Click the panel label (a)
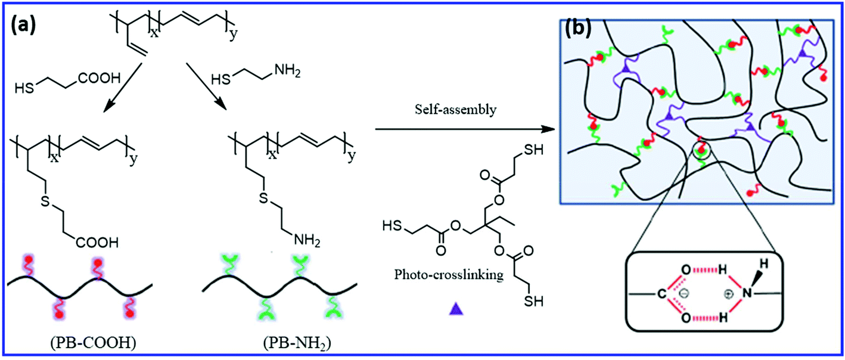pos(23,26)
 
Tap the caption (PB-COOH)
pos(93,343)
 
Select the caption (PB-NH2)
pos(297,343)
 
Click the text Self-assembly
pos(456,110)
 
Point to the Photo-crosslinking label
pos(449,274)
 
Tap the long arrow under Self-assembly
pos(465,129)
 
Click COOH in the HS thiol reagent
pos(99,78)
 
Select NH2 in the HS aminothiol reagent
pos(287,70)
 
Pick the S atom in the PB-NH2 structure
pos(263,197)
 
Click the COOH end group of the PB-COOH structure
pos(97,242)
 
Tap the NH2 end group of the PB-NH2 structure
pos(307,240)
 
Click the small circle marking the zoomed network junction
pos(701,152)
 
